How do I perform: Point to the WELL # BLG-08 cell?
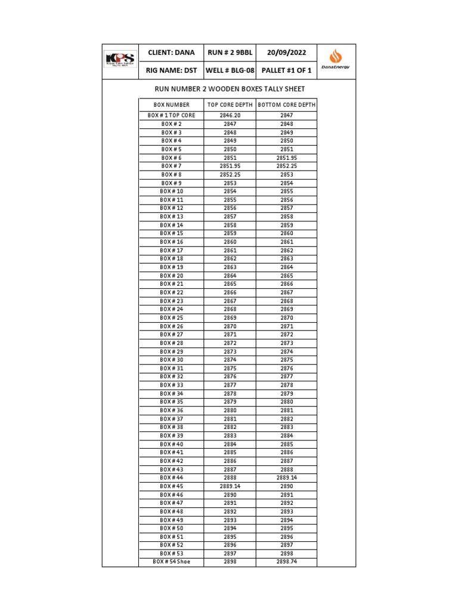tap(230, 70)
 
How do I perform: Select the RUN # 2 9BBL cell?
tap(230, 53)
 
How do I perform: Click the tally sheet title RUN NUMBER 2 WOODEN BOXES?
tap(230, 89)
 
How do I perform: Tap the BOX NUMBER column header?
tap(171, 105)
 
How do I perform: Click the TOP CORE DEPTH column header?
tap(230, 105)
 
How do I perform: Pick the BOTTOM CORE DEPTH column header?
tap(286, 105)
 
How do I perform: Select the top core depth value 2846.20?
tap(230, 115)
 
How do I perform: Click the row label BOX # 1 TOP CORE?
tap(171, 115)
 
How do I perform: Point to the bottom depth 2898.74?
tap(286, 561)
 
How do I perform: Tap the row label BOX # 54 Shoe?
tap(171, 561)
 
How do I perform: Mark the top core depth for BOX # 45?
tap(230, 486)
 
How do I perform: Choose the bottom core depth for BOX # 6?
tap(286, 158)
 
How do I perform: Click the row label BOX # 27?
tap(171, 335)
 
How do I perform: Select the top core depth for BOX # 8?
tap(230, 174)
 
